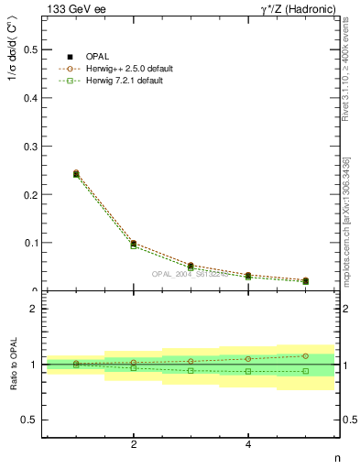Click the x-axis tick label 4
248,444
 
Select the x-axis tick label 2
134,444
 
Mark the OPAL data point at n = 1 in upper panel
76,173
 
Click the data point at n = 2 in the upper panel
134,244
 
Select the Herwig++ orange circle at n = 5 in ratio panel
305,355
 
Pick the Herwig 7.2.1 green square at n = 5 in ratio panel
305,371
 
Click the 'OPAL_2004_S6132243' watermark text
191,273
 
